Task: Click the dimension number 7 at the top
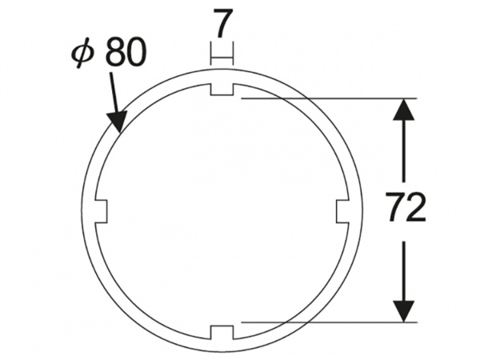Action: pyautogui.click(x=223, y=23)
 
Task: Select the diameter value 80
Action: pyautogui.click(x=125, y=52)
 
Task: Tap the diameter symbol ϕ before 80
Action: pyautogui.click(x=82, y=53)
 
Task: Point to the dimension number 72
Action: pyautogui.click(x=406, y=206)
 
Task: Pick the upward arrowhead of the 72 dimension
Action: pyautogui.click(x=404, y=109)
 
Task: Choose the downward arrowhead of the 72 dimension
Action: pyautogui.click(x=404, y=311)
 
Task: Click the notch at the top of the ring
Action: pyautogui.click(x=222, y=90)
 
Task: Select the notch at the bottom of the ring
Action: pyautogui.click(x=222, y=333)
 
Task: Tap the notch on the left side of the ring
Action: pyautogui.click(x=102, y=211)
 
